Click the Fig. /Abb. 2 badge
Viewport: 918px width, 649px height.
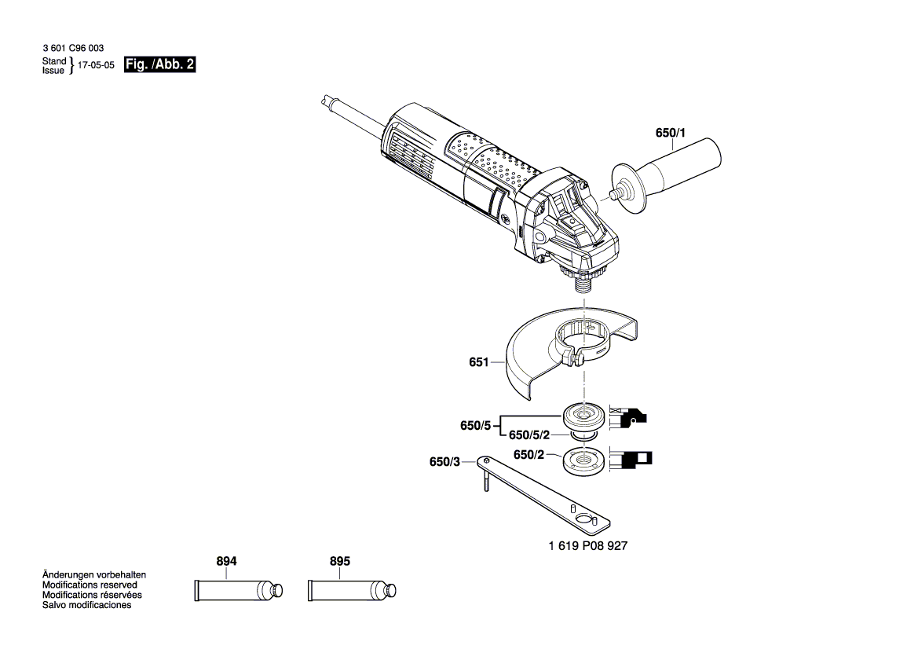tap(159, 65)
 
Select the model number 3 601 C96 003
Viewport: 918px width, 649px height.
tap(72, 49)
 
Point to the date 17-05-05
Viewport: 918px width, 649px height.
tap(97, 66)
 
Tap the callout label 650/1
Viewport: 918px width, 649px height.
tap(670, 134)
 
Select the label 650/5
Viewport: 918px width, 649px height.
tap(475, 426)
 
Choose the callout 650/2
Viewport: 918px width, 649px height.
tap(528, 455)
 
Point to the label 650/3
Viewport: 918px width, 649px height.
tap(444, 462)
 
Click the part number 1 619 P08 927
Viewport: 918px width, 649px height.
tap(587, 545)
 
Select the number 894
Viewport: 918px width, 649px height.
tap(226, 562)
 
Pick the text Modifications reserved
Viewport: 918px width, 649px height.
tap(90, 585)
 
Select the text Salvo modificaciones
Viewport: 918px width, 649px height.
tap(86, 605)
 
